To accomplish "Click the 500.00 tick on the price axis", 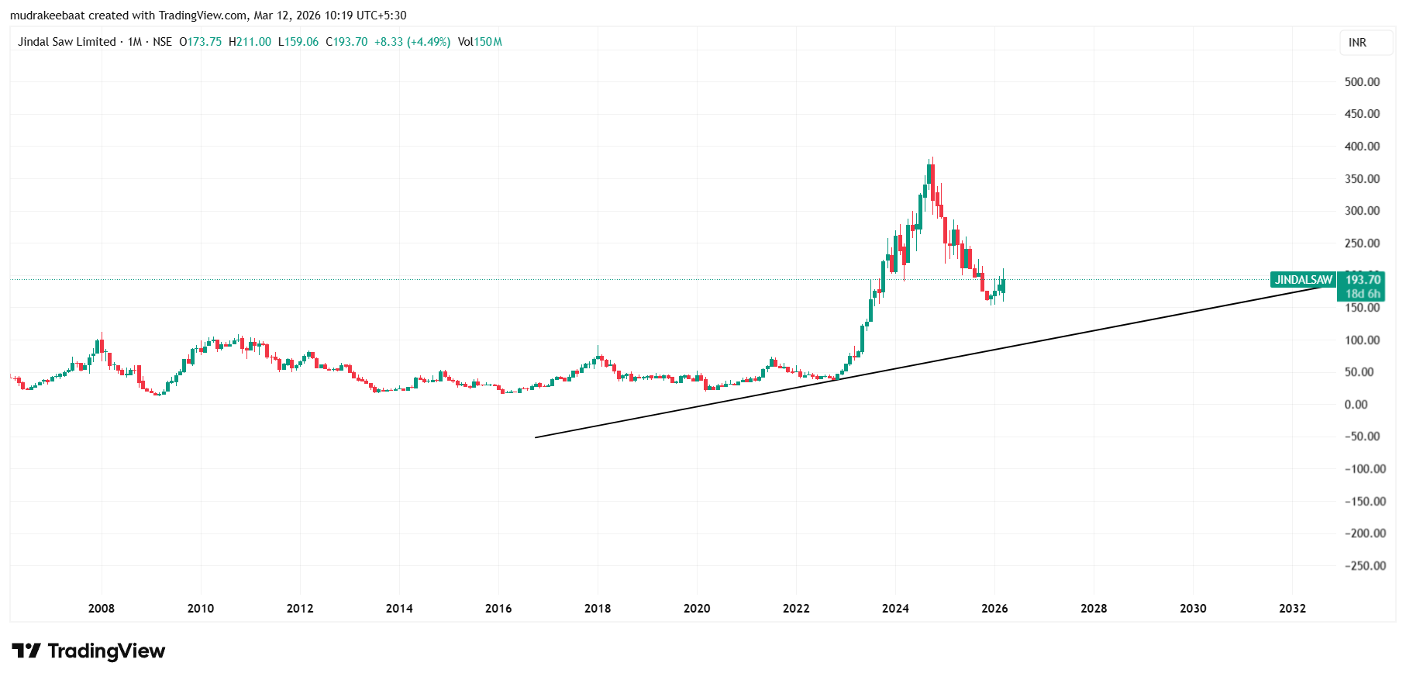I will [1362, 81].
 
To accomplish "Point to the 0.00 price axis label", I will [1356, 404].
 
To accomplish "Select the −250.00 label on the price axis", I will [1364, 565].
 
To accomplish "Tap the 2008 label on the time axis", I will [102, 608].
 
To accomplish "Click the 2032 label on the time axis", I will [1292, 608].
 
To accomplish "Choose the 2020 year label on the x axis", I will [697, 608].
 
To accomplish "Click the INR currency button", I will [1357, 43].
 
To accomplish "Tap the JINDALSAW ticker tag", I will [1304, 280].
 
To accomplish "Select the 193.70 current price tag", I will [1363, 279].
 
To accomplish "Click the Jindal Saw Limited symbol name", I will [67, 42].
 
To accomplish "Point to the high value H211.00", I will [250, 42].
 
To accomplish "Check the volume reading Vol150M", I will [480, 42].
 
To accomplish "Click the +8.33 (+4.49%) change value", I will [412, 42].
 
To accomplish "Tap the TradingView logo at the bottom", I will [88, 651].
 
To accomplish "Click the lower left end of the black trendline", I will [536, 437].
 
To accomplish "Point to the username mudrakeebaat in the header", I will [47, 16].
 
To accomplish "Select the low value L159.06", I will [298, 42].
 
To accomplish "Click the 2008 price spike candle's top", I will [102, 335].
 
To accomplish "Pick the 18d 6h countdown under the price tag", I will [1362, 294].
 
